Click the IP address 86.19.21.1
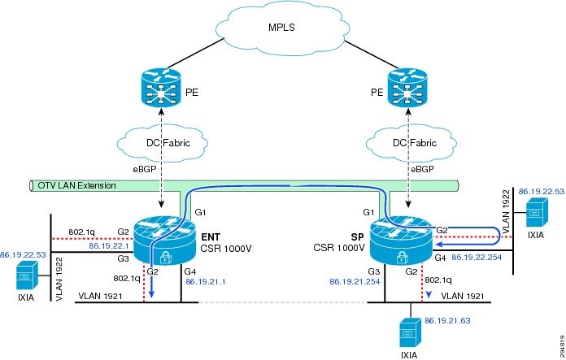click(x=205, y=281)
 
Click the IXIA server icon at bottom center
click(x=408, y=334)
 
